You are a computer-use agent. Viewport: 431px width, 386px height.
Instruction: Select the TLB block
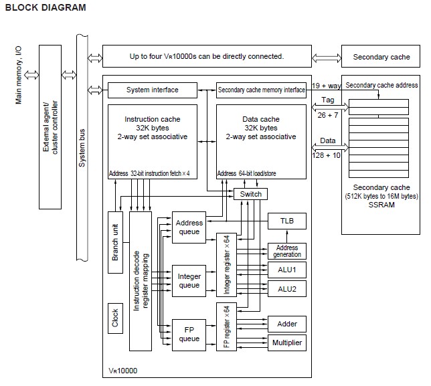tap(286, 221)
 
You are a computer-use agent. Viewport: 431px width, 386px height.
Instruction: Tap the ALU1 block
tap(286, 270)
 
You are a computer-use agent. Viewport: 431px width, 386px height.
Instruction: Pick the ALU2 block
tap(286, 288)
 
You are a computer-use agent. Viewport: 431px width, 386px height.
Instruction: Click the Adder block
tap(286, 324)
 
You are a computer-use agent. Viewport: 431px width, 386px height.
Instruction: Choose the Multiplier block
tap(286, 343)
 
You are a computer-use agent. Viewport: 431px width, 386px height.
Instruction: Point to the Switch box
tap(250, 194)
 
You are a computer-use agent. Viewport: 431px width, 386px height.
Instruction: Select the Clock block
tap(115, 318)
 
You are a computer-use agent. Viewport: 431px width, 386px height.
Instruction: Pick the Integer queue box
tap(189, 281)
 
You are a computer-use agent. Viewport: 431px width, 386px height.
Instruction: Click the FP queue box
tap(189, 334)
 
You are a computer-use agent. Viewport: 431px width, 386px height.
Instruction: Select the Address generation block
tap(286, 251)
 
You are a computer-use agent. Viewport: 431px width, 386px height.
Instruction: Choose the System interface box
tap(152, 90)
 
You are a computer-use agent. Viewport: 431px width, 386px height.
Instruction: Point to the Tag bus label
tap(327, 99)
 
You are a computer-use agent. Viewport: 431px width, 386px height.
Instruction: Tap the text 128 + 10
tap(327, 154)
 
